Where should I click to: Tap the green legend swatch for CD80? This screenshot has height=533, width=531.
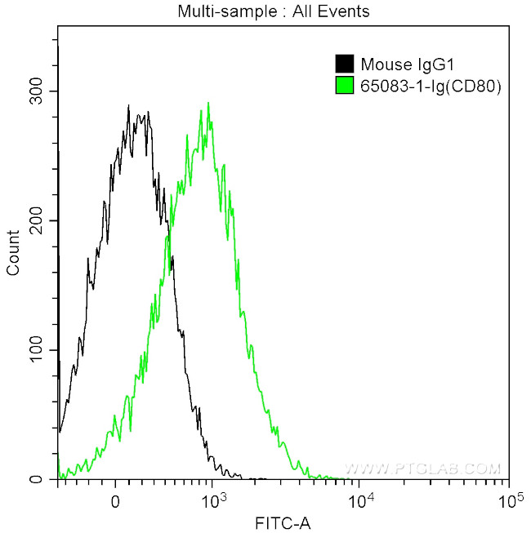pos(344,83)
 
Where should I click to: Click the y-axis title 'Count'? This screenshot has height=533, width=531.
pos(13,253)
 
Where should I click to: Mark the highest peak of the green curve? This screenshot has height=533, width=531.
pos(208,104)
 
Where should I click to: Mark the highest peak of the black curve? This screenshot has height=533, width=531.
pos(129,106)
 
